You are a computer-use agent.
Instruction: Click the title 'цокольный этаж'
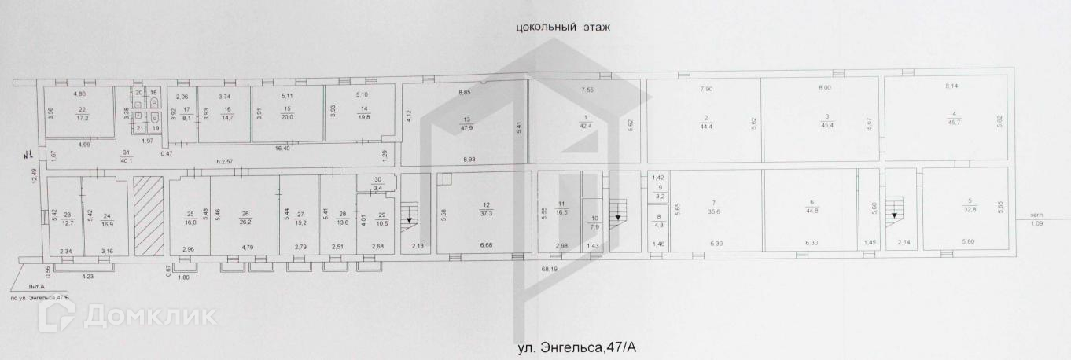tap(563, 27)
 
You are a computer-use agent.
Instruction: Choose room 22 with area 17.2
tap(80, 113)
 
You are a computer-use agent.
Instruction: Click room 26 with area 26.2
tap(245, 218)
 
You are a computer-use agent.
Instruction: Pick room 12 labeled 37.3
tap(487, 208)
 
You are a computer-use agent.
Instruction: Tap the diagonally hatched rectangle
tap(149, 216)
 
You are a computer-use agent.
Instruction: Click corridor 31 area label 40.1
tap(127, 157)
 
